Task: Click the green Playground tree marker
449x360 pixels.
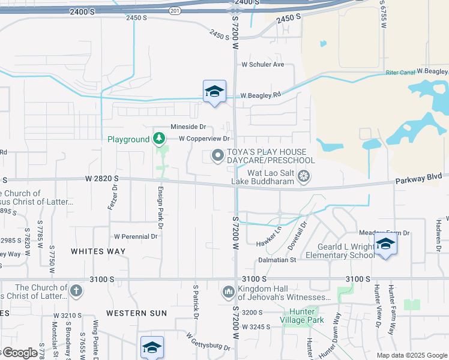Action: tap(158, 139)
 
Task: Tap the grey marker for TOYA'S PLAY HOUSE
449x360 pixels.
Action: tap(217, 157)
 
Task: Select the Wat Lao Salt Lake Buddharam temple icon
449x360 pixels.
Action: tap(304, 176)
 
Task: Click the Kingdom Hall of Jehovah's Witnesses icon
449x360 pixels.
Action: tap(228, 292)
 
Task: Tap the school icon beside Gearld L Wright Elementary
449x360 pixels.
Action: tap(385, 244)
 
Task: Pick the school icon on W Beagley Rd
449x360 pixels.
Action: tap(214, 91)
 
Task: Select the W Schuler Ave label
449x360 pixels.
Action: tap(262, 64)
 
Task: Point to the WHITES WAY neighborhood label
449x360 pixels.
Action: tap(98, 251)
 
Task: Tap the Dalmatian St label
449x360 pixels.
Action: tap(277, 260)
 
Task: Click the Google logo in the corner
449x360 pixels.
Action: tap(19, 353)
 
